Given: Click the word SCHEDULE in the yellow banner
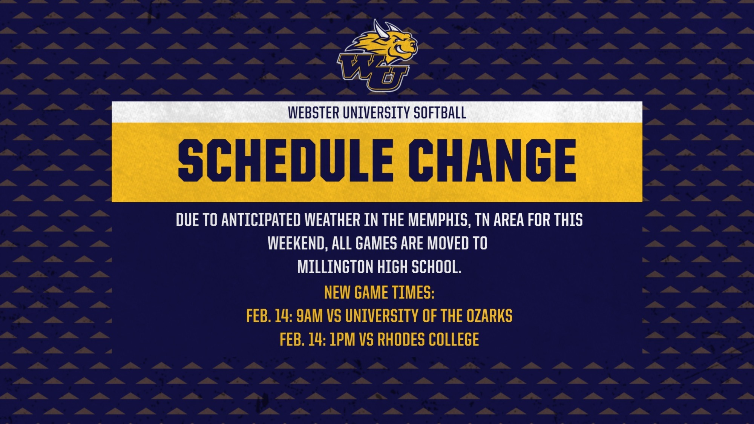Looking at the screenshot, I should pyautogui.click(x=285, y=160).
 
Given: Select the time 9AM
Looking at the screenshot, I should pyautogui.click(x=309, y=316).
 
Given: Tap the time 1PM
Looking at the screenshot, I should pyautogui.click(x=342, y=340).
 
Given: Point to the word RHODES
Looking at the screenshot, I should pyautogui.click(x=401, y=340).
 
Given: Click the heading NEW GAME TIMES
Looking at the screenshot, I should pyautogui.click(x=379, y=292).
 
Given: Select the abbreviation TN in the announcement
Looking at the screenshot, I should pyautogui.click(x=482, y=220).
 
